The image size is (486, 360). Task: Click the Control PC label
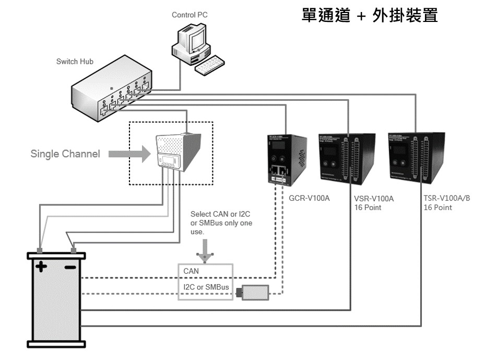click(x=189, y=15)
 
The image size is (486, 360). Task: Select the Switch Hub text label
click(x=75, y=62)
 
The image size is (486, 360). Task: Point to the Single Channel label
click(x=65, y=154)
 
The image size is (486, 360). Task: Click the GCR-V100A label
click(x=306, y=199)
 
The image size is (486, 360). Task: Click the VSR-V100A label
click(x=373, y=199)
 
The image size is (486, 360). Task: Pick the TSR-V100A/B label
click(x=447, y=199)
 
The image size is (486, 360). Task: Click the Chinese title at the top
click(x=373, y=15)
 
